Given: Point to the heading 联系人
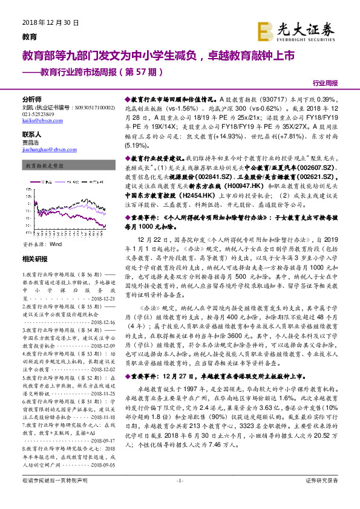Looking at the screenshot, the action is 31,134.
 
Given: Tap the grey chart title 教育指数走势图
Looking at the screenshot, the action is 44,165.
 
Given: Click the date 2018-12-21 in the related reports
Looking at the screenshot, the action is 90,299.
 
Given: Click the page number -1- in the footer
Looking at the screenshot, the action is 179,497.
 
